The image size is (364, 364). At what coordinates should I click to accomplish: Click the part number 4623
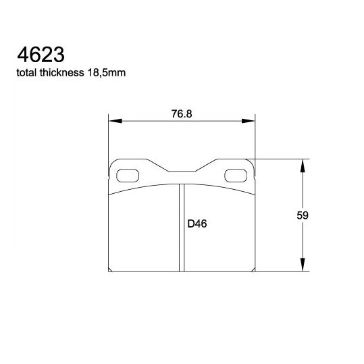pos(33,54)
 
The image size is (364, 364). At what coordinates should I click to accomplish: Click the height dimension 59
pos(303,215)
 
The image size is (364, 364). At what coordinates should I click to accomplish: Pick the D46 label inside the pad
pos(197,224)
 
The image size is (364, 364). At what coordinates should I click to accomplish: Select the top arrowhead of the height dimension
pos(303,164)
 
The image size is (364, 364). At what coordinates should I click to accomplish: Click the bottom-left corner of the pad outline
pos(111,271)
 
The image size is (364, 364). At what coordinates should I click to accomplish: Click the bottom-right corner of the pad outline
pos(254,271)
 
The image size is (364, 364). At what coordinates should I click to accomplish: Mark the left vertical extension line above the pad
pos(109,138)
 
